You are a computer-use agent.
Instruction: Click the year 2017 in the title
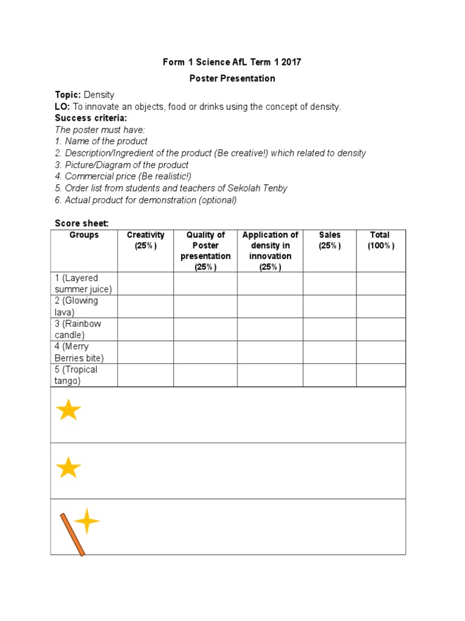pos(291,62)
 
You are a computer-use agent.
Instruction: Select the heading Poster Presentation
pos(232,78)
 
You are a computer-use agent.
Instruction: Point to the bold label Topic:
pos(68,95)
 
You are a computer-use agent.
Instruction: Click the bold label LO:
pos(62,107)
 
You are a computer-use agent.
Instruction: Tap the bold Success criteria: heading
pos(91,118)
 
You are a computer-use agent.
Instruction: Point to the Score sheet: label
pos(82,223)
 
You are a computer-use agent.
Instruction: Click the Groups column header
pos(84,235)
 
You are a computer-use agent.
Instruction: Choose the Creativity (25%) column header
pos(145,240)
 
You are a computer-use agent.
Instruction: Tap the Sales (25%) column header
pos(329,240)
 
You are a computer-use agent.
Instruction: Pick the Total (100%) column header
pos(380,240)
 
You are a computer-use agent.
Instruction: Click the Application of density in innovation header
pos(270,250)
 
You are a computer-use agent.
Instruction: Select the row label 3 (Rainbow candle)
pos(78,329)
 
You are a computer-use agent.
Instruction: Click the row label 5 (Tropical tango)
pos(76,375)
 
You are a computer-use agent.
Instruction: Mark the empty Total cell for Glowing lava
pos(380,306)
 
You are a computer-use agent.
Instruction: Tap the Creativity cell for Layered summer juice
pos(145,283)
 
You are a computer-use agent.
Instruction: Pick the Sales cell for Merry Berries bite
pos(329,352)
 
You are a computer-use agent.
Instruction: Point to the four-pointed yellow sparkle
pos(87,521)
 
